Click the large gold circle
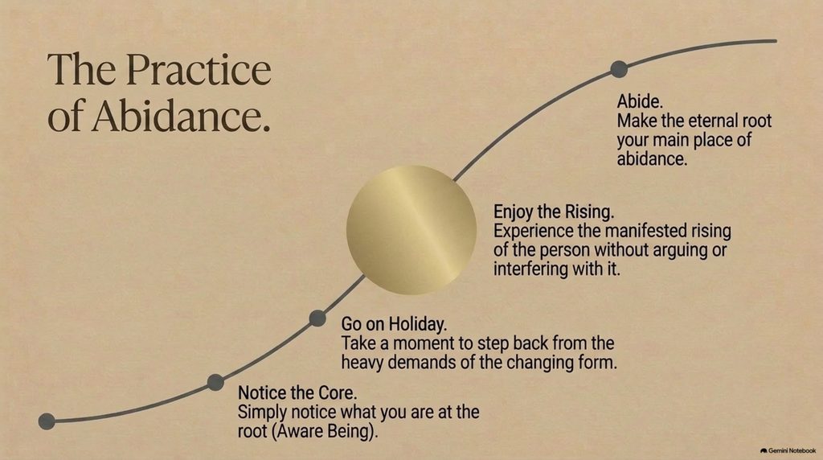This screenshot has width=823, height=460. (x=411, y=230)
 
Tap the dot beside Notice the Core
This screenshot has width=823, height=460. (x=215, y=382)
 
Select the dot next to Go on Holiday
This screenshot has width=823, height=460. (x=317, y=318)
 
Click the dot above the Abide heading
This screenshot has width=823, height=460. (x=620, y=69)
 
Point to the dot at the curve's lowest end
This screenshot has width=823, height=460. (x=47, y=421)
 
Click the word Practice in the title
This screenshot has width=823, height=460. (x=199, y=69)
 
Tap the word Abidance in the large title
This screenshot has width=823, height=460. (x=181, y=116)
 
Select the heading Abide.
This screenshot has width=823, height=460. (x=640, y=101)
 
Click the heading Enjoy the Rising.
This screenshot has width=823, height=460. (x=554, y=212)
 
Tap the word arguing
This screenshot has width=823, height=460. (x=680, y=250)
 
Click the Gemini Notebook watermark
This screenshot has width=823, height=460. (x=788, y=450)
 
